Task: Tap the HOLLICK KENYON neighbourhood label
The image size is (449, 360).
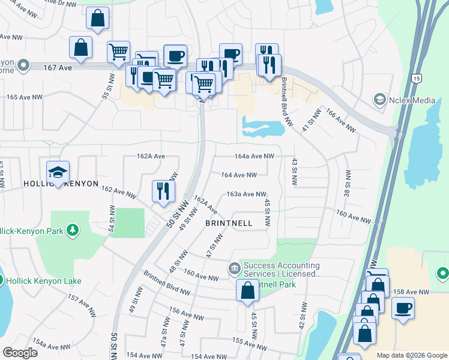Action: point(60,183)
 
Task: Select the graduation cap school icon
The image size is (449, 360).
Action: point(58,172)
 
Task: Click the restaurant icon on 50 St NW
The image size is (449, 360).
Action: point(163,191)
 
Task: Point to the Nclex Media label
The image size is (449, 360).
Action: point(412,99)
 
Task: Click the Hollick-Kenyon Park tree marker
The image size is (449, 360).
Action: point(72,230)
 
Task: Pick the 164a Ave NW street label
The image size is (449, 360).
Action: point(254,156)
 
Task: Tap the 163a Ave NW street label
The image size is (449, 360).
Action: point(246,194)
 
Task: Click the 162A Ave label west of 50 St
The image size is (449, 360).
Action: point(151,156)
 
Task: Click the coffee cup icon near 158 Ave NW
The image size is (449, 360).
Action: point(403,308)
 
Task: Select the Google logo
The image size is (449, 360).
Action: point(20,353)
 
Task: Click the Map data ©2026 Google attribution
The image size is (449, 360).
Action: point(411,355)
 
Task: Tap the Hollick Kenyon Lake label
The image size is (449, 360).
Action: point(44,281)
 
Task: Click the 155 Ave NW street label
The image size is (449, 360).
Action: point(247,346)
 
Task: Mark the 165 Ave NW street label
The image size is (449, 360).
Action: point(25,97)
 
